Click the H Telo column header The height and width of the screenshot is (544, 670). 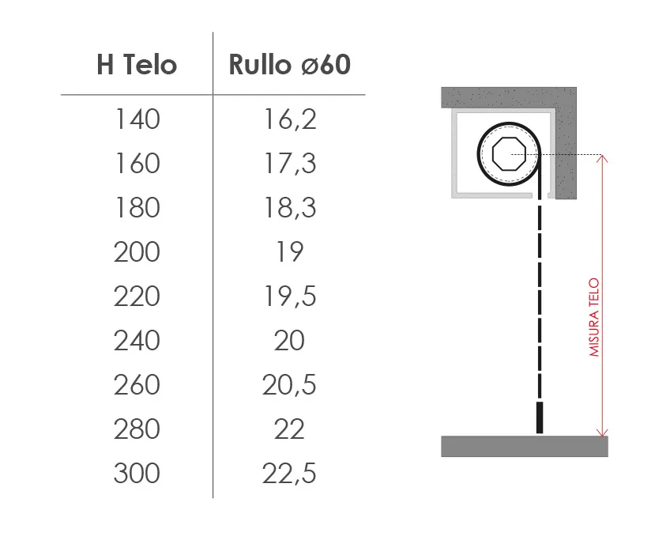(x=137, y=65)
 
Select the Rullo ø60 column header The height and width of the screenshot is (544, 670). (x=290, y=65)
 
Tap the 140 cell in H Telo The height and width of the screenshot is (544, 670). (x=137, y=119)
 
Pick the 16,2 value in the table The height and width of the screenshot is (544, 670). (x=290, y=119)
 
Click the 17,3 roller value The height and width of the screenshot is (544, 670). (x=290, y=164)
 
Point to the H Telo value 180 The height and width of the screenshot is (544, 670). (x=137, y=207)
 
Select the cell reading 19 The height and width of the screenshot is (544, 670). (x=289, y=251)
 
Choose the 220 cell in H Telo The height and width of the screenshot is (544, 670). (x=137, y=296)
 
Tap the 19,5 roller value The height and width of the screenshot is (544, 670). (x=290, y=297)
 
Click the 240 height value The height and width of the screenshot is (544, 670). (x=137, y=341)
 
